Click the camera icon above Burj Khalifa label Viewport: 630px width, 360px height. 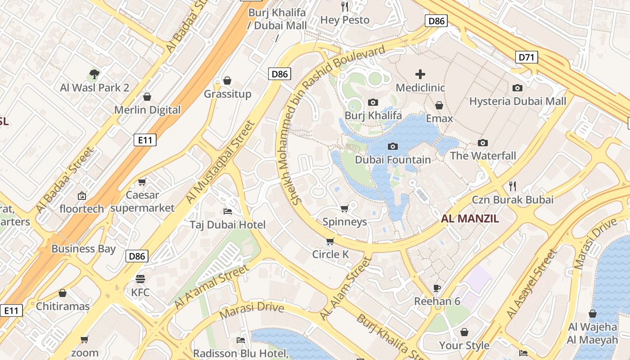[x=373, y=103]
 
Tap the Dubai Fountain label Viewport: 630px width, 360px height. [x=393, y=160]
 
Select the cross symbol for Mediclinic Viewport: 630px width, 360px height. [x=420, y=74]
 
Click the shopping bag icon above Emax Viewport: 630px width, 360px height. [x=439, y=105]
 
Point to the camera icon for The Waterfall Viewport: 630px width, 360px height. [x=483, y=143]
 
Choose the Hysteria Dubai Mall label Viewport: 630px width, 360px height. [x=517, y=101]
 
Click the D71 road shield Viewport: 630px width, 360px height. [x=526, y=57]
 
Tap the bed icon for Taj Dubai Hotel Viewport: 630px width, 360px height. [x=228, y=211]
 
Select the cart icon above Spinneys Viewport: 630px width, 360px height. [x=345, y=208]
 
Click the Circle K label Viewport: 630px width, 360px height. [x=330, y=254]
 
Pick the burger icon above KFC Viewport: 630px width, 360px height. [x=140, y=279]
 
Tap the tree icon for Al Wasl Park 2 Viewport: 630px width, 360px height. [x=94, y=74]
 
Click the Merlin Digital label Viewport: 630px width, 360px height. [x=147, y=110]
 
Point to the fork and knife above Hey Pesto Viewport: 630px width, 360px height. [x=345, y=6]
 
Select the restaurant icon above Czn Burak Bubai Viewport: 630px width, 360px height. [x=512, y=186]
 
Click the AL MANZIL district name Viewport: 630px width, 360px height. [x=470, y=219]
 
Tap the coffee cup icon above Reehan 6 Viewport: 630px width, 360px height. [x=436, y=288]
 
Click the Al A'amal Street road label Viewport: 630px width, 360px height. [x=211, y=287]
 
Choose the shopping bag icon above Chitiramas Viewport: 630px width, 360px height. [x=63, y=293]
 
